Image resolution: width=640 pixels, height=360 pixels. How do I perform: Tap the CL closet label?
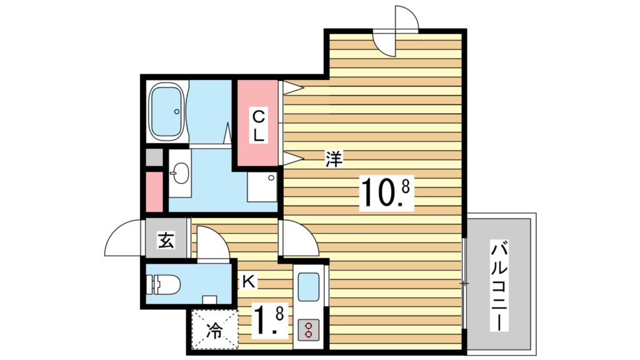[x=258, y=126]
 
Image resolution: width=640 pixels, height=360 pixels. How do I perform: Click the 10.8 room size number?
[x=386, y=193]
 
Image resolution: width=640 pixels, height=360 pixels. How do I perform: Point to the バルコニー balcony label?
[x=499, y=286]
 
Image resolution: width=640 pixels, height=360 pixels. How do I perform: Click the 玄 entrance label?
[x=166, y=240]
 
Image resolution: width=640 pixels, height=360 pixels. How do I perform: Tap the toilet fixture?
[x=164, y=284]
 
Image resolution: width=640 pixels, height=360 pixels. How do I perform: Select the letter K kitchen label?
[x=249, y=281]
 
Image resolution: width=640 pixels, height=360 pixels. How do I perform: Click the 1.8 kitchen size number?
[x=269, y=320]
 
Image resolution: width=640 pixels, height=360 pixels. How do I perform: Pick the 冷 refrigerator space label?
[x=214, y=330]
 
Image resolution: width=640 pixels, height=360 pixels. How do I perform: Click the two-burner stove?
[x=308, y=329]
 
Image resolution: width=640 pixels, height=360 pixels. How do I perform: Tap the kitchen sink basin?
[x=309, y=287]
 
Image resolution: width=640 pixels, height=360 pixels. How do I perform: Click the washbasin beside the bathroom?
[x=179, y=174]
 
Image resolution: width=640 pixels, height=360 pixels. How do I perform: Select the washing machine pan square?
[x=262, y=186]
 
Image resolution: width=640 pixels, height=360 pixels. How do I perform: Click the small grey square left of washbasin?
[x=154, y=157]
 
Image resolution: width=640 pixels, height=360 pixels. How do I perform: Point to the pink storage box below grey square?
[x=154, y=192]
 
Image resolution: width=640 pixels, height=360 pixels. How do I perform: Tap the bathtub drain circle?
[x=177, y=111]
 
